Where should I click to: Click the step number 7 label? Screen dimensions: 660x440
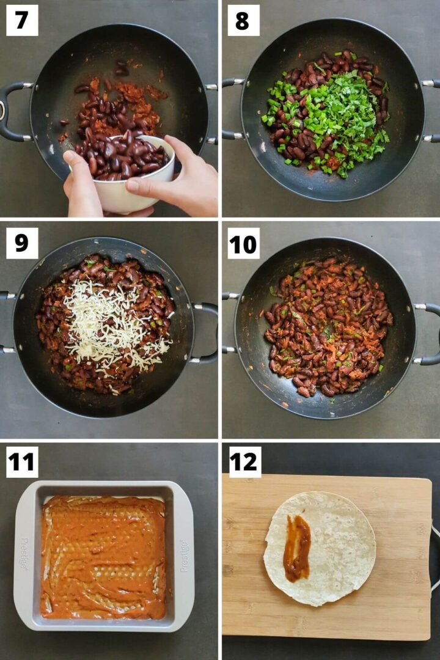pos(22,20)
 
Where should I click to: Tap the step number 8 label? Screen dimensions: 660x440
pos(243,20)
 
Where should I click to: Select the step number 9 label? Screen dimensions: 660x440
pos(22,243)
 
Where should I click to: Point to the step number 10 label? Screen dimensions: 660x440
pos(243,243)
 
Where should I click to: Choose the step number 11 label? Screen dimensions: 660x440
pos(22,462)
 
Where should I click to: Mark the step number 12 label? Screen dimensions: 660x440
pos(244,462)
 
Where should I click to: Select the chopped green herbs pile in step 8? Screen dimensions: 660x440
pos(330,116)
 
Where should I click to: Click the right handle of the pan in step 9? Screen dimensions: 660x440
pos(207,333)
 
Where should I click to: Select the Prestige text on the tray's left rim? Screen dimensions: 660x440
pos(24,554)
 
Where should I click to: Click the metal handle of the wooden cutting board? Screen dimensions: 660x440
pos(435,556)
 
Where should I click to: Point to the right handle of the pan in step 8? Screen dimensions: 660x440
pos(431,110)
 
